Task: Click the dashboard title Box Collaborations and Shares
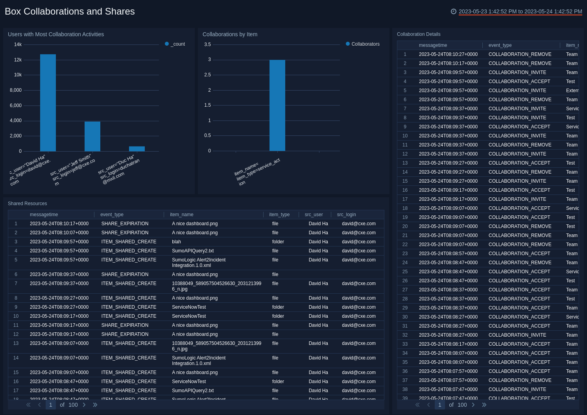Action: click(70, 11)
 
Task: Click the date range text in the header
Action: click(520, 11)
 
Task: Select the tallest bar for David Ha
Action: click(48, 103)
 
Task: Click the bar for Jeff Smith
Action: click(92, 136)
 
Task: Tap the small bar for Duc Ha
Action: click(137, 149)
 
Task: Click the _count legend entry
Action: click(175, 44)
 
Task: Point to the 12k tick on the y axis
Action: click(18, 60)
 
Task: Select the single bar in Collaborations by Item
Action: click(277, 105)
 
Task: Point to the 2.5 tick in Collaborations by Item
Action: click(207, 75)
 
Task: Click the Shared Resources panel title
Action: click(27, 204)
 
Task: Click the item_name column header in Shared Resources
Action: click(182, 215)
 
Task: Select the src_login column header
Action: click(346, 215)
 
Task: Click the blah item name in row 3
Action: click(176, 242)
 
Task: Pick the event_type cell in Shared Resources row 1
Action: click(125, 224)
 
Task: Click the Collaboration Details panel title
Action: click(419, 34)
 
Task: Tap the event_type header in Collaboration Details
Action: click(500, 45)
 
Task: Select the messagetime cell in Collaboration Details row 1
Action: click(448, 54)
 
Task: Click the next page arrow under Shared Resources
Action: click(84, 405)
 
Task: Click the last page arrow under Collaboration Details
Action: click(484, 405)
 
